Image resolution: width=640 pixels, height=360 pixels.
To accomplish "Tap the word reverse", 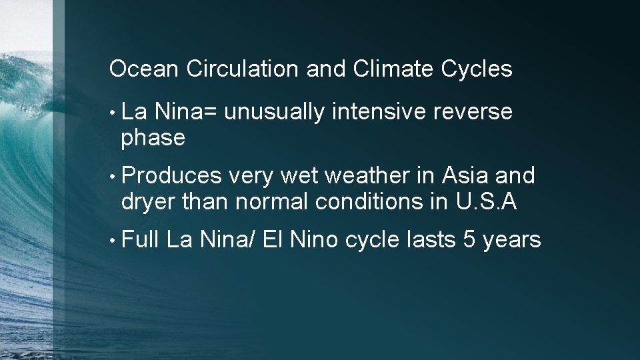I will point(473,113).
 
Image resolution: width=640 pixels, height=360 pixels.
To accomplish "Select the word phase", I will point(153,139).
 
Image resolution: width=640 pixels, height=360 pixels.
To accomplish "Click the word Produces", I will point(172,175).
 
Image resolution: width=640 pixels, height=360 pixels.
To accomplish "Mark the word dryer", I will point(149,201).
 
